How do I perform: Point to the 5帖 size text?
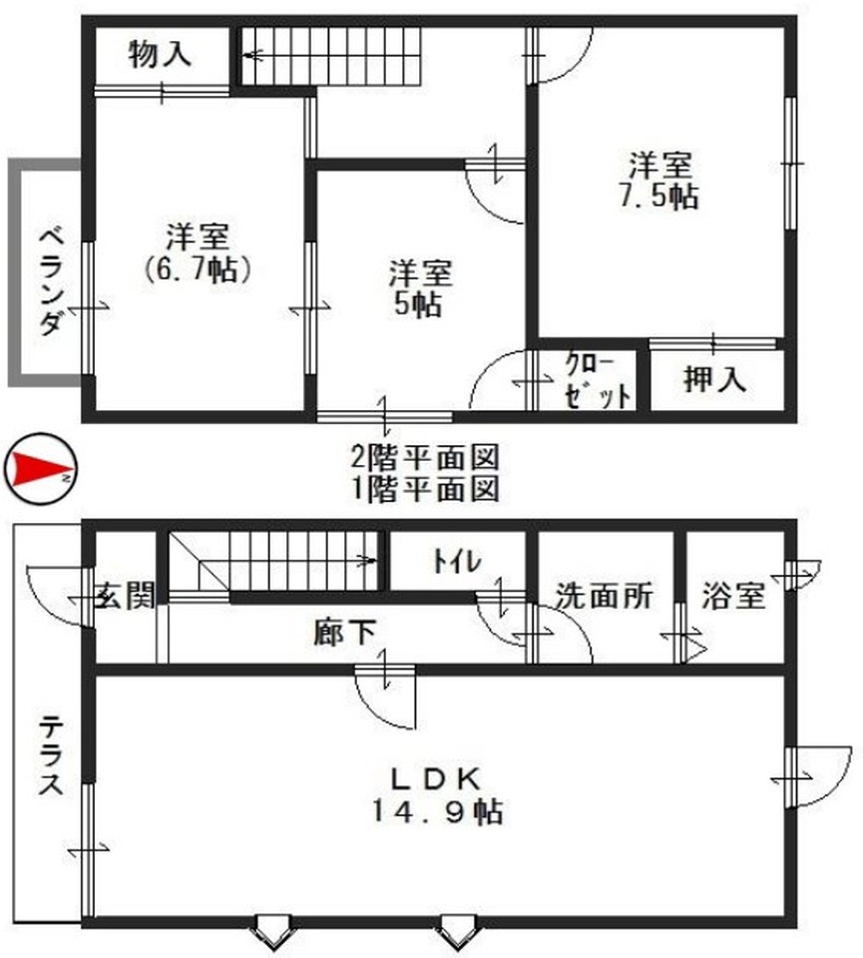pyautogui.click(x=420, y=305)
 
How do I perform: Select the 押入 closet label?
pyautogui.click(x=715, y=379)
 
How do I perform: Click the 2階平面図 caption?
pyautogui.click(x=422, y=459)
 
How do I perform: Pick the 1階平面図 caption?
pyautogui.click(x=422, y=490)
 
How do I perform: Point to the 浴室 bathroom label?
pyautogui.click(x=733, y=596)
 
